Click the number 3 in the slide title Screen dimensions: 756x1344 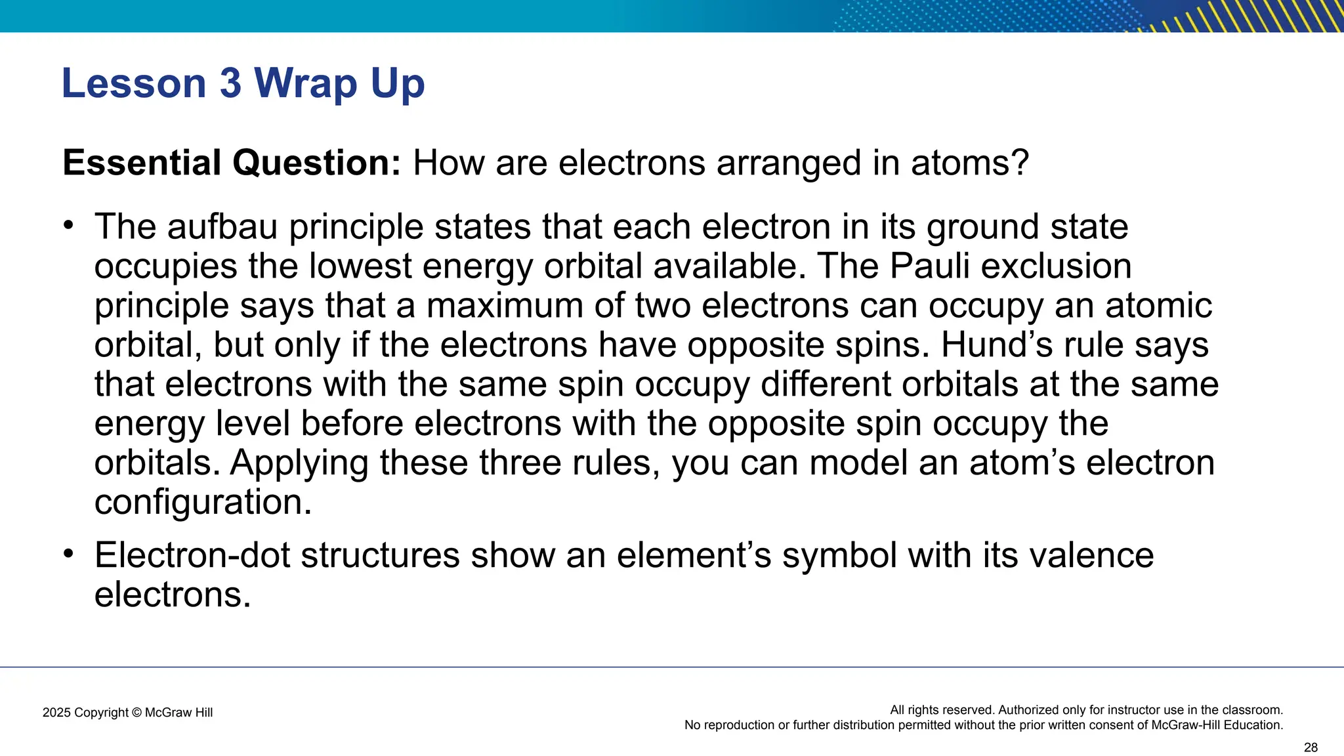click(230, 83)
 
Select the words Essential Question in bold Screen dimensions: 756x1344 click(231, 163)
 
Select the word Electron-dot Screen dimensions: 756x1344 click(192, 555)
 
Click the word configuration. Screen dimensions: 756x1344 click(203, 503)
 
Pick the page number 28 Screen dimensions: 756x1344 click(1311, 747)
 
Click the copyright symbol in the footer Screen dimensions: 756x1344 click(136, 713)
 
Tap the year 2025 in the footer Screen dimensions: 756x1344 click(56, 713)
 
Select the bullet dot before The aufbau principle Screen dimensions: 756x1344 click(68, 226)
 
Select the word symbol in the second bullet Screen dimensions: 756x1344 click(839, 555)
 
